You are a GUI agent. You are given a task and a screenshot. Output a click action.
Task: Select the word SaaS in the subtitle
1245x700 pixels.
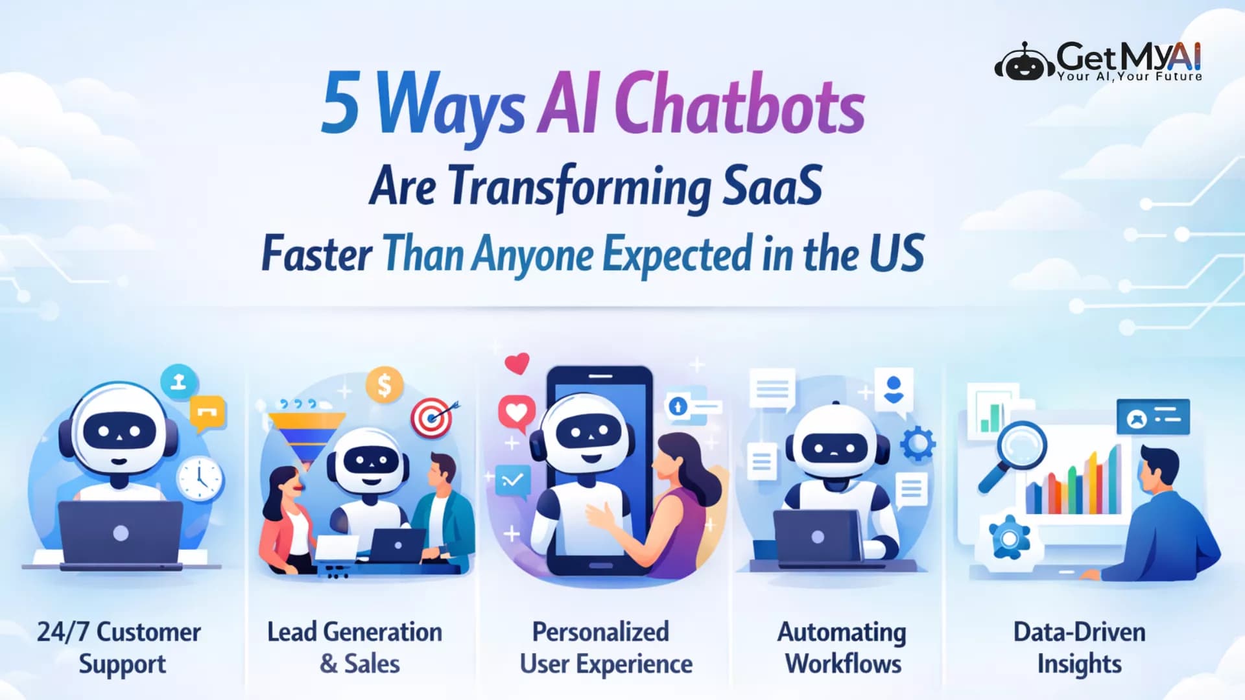[772, 186]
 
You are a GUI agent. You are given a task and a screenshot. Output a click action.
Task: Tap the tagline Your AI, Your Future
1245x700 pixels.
[1130, 76]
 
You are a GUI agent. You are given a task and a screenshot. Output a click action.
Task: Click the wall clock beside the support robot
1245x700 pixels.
[200, 478]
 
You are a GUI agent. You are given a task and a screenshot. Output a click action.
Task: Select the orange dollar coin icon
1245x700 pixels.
[384, 385]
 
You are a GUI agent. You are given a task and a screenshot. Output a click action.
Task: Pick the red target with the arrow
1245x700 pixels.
[433, 418]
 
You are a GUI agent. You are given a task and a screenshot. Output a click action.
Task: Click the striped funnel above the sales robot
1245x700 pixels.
[306, 434]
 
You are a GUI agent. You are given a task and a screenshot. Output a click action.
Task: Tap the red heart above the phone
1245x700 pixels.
[517, 363]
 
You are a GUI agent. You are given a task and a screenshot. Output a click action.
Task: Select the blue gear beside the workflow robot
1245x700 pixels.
[918, 444]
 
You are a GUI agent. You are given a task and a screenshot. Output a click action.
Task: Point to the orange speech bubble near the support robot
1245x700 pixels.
[207, 412]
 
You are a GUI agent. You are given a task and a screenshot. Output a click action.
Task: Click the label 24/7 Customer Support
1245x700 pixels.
[119, 647]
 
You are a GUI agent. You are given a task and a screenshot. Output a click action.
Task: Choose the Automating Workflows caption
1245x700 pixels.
[842, 647]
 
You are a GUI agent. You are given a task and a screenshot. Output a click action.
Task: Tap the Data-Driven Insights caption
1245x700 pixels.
[1079, 647]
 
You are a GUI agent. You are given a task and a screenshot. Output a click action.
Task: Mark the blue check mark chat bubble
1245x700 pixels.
[512, 481]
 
